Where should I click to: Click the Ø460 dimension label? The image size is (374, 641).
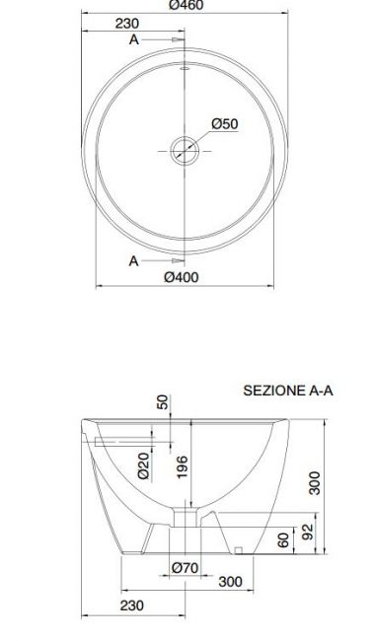tap(186, 5)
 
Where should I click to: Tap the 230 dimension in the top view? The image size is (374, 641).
tap(127, 24)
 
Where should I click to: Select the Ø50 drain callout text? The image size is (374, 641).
tap(225, 123)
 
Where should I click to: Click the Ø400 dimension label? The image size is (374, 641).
tap(182, 277)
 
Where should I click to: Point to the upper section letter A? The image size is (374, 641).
tap(134, 39)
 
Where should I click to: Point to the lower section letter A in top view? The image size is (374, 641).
tap(134, 260)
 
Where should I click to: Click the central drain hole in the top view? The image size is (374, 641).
tap(185, 151)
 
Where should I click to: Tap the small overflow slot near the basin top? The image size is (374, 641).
tap(185, 68)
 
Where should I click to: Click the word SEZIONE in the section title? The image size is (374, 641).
tap(271, 391)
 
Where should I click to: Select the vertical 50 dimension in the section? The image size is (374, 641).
tap(163, 401)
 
